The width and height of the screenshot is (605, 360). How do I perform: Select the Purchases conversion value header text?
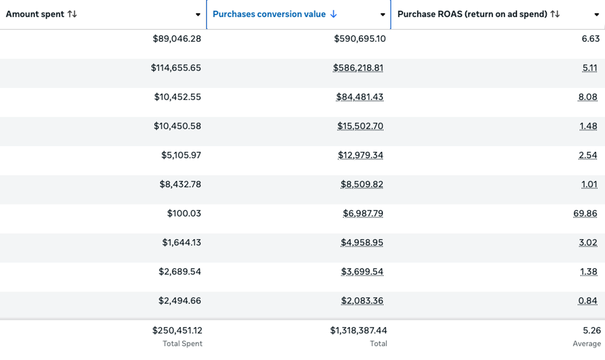click(269, 14)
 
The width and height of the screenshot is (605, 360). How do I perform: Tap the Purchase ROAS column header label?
click(472, 14)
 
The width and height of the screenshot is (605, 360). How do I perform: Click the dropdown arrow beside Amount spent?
click(198, 15)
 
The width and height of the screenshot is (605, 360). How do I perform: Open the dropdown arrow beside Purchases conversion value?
click(382, 15)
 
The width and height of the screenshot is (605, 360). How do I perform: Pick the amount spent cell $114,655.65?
click(176, 68)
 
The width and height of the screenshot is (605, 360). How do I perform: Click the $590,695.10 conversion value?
click(359, 39)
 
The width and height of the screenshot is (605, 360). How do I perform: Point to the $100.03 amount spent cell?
click(184, 213)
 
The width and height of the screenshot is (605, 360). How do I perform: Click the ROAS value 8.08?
click(588, 97)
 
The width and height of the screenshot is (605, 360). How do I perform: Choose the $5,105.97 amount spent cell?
click(181, 155)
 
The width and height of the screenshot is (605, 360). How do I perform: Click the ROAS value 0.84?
click(588, 300)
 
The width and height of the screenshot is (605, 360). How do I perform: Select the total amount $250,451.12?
click(177, 330)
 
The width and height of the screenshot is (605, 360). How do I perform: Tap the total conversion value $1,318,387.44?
click(358, 330)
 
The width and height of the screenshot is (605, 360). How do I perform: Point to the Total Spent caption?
click(182, 344)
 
